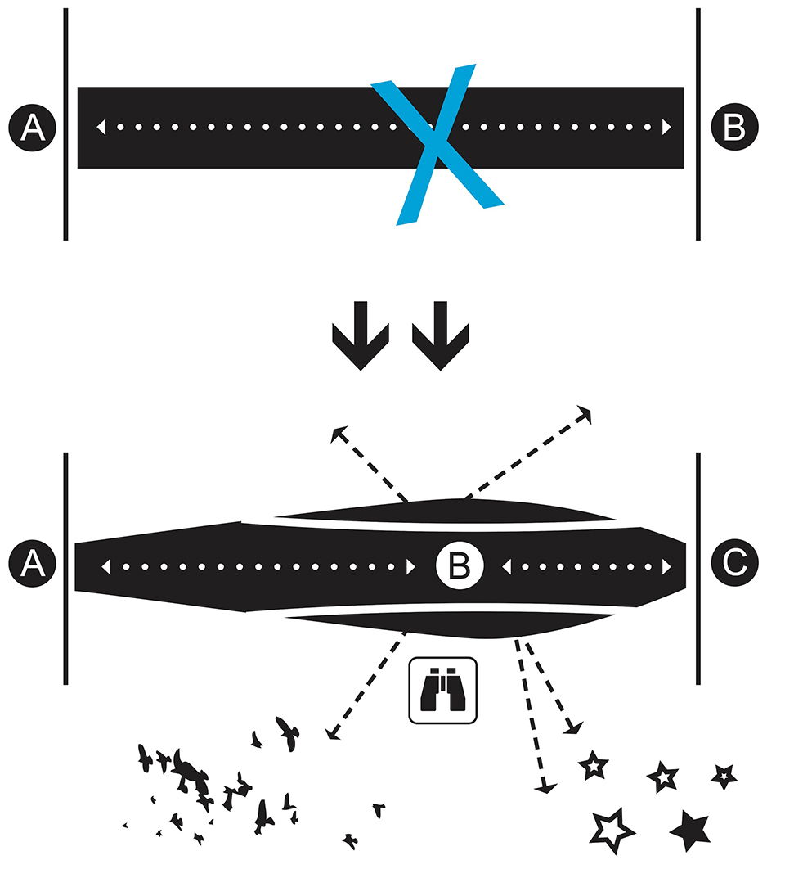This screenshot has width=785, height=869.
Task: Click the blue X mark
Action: (x=437, y=145)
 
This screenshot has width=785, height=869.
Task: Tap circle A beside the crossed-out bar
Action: (x=32, y=128)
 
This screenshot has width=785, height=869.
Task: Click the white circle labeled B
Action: (x=459, y=565)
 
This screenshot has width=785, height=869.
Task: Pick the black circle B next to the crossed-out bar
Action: (x=733, y=128)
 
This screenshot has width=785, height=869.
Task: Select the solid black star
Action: (x=689, y=830)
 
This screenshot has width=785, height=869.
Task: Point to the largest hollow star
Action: (x=612, y=830)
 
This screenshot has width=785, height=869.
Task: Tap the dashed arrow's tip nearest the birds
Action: (x=330, y=735)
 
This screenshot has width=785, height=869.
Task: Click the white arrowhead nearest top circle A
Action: (x=101, y=128)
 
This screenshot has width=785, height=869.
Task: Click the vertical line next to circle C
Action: (x=698, y=568)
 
